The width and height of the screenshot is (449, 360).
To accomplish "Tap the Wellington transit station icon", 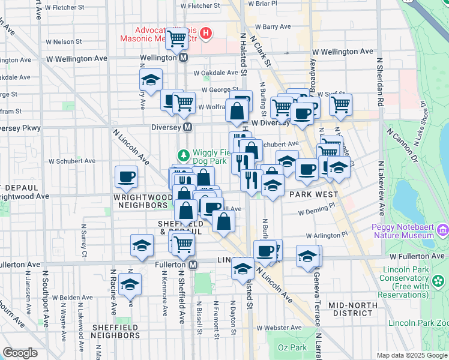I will click(x=184, y=58).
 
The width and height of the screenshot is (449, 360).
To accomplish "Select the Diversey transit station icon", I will click(x=188, y=127).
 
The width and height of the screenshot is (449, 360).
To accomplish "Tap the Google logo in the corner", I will click(x=20, y=353).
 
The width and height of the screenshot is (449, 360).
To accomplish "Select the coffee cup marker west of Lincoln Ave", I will click(x=127, y=176).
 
